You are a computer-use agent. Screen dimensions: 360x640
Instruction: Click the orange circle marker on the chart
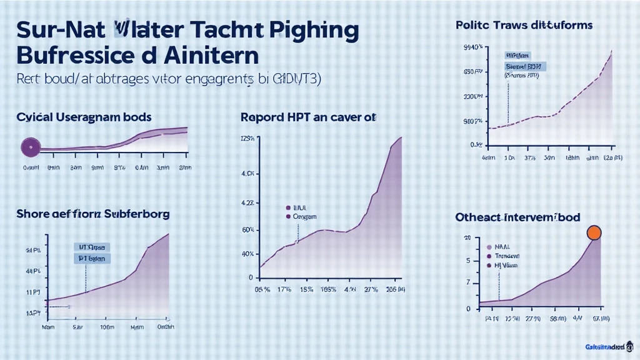(x=594, y=233)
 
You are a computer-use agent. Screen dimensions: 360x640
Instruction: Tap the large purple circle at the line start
(x=30, y=147)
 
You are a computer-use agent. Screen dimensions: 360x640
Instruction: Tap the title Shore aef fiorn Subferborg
(x=94, y=214)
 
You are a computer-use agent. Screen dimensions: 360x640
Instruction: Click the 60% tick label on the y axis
(x=247, y=230)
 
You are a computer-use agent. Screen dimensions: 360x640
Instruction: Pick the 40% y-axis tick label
(x=247, y=254)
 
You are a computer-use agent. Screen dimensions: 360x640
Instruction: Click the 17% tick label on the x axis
(x=284, y=290)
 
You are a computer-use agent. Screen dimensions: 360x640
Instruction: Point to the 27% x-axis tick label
(x=371, y=290)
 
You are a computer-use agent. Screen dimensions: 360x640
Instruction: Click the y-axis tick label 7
(x=467, y=283)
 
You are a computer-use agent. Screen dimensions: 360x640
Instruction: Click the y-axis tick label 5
(x=467, y=261)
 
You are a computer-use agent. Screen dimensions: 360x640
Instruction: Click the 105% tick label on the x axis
(x=327, y=290)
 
